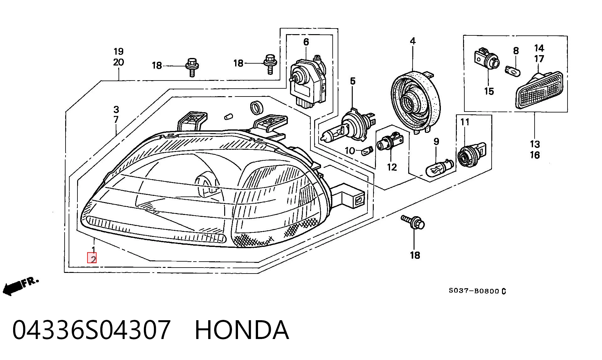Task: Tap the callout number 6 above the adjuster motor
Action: click(x=306, y=42)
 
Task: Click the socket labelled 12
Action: click(x=390, y=143)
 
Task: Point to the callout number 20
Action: click(x=119, y=62)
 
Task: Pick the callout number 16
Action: click(x=535, y=155)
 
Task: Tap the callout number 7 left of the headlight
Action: click(x=116, y=120)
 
